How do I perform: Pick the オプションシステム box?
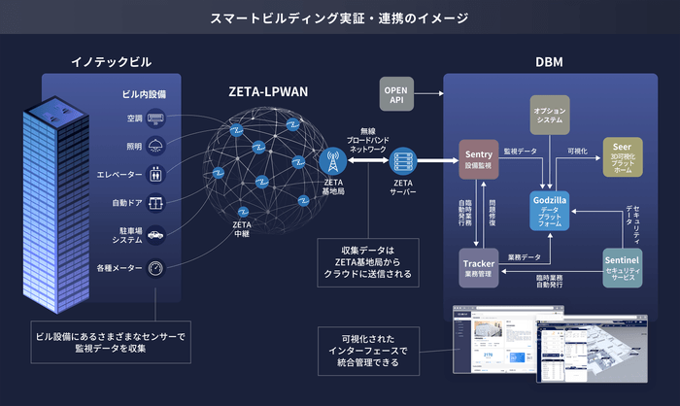click(x=550, y=115)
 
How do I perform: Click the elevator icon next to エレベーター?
click(x=156, y=176)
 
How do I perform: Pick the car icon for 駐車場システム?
click(x=156, y=235)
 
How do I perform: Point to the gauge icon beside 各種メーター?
click(x=156, y=267)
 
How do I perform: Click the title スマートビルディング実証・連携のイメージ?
click(x=340, y=17)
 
